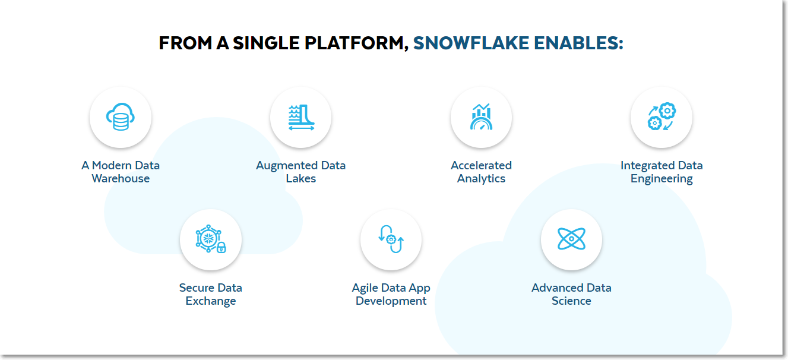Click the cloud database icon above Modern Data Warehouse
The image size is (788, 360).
[x=121, y=117]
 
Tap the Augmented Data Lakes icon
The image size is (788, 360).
[x=301, y=117]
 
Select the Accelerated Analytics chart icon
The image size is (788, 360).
[x=481, y=116]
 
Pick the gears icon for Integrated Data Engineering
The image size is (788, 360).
[x=662, y=116]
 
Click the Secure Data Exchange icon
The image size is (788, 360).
[x=210, y=239]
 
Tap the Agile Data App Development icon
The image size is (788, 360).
[x=391, y=239]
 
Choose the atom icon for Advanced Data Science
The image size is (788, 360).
[x=571, y=239]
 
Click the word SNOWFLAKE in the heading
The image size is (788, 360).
[x=471, y=43]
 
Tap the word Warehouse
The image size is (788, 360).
[x=121, y=179]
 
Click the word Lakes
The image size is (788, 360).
[x=301, y=179]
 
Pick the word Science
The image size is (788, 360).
[x=571, y=301]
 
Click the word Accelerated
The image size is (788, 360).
[x=481, y=166]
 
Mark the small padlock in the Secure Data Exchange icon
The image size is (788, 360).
[x=221, y=248]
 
